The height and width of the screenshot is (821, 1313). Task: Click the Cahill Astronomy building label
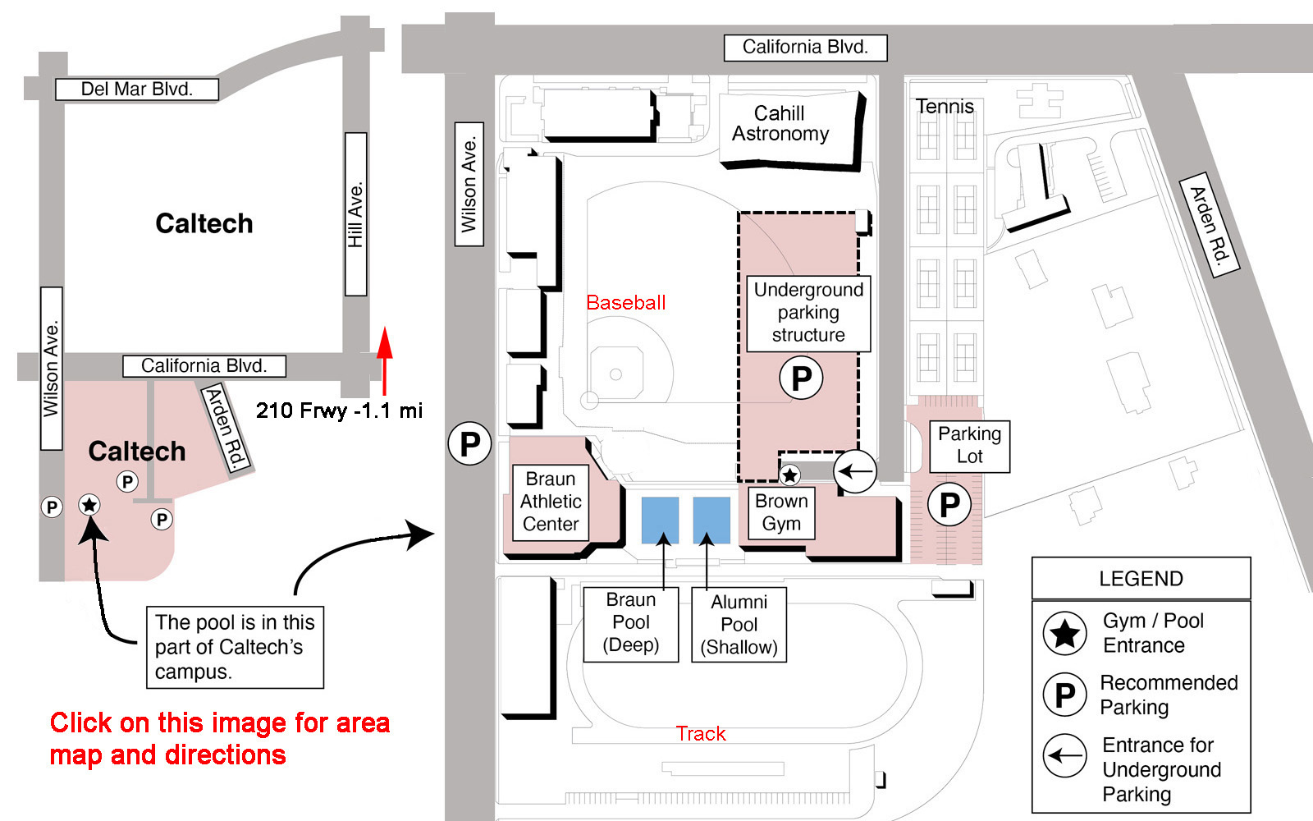point(780,123)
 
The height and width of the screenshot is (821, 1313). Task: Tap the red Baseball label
point(625,303)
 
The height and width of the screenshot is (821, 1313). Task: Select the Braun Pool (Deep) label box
point(631,625)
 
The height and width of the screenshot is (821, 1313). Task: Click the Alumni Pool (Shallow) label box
point(739,625)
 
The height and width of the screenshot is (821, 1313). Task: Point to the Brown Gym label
point(780,512)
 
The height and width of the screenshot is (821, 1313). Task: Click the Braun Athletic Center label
point(551,502)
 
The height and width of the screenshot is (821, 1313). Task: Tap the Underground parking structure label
point(808,313)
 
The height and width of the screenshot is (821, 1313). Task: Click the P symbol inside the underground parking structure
point(801,378)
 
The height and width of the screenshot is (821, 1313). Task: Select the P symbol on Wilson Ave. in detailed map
point(469,443)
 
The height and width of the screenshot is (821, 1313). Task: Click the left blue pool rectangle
point(660,521)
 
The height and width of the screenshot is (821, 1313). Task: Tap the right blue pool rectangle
point(711,521)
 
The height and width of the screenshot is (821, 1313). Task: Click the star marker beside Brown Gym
point(789,475)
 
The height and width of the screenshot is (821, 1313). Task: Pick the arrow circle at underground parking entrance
point(855,471)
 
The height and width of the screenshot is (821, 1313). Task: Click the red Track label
point(701,734)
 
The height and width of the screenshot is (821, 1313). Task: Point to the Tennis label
point(945,106)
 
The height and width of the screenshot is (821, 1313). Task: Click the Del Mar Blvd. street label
point(136,89)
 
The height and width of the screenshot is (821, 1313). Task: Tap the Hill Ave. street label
point(356,214)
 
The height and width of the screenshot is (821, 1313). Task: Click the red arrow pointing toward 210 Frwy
point(385,360)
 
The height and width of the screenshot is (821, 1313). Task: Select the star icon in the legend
point(1064,633)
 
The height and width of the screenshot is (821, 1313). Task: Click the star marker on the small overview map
point(89,504)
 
